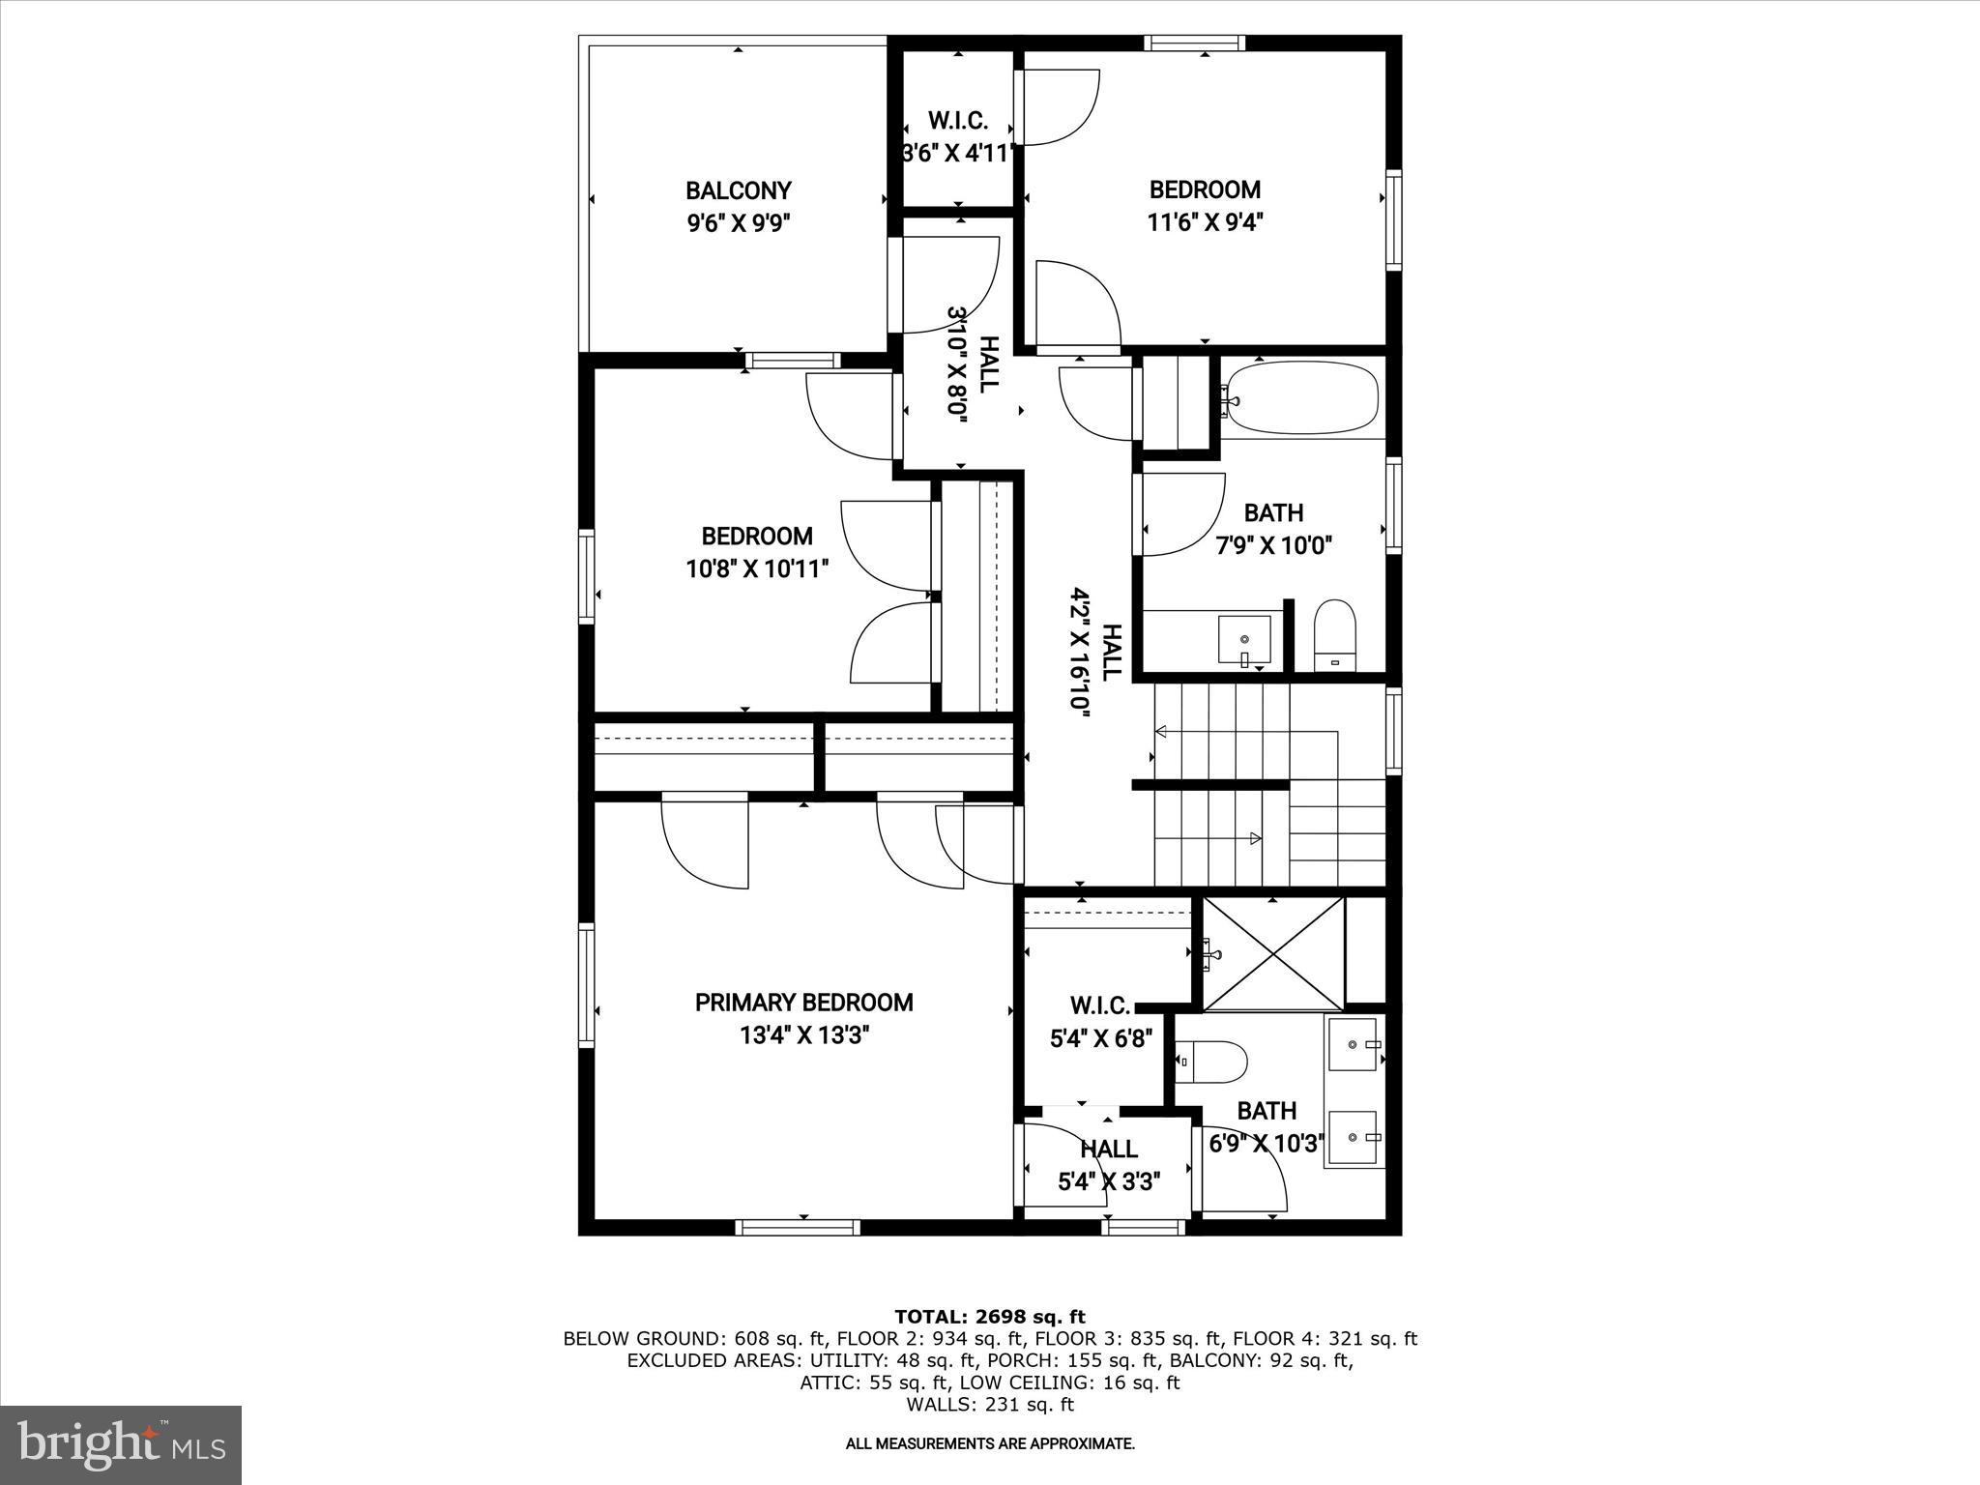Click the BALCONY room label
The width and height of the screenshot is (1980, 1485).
tap(739, 190)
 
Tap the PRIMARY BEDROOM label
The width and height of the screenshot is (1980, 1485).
tap(803, 1003)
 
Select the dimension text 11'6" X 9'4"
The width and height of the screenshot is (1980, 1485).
tap(1205, 222)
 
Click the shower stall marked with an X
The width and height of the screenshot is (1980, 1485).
tap(1273, 952)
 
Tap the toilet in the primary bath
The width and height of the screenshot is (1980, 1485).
tap(1213, 1062)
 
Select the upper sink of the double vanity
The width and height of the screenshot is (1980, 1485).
tap(1355, 1044)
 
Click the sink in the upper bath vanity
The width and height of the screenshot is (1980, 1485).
tap(1243, 640)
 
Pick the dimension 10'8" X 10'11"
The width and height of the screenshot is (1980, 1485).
tap(758, 568)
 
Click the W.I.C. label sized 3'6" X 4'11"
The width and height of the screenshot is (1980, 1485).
tap(957, 121)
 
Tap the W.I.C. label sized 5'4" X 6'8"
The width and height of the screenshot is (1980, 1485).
tap(1099, 1006)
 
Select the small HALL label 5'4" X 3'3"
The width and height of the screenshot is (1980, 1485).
tap(1109, 1149)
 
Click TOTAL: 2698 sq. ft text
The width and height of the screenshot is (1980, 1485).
tap(990, 1317)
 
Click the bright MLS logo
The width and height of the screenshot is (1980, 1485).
tap(121, 1444)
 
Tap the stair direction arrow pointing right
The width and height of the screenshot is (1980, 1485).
tap(1256, 838)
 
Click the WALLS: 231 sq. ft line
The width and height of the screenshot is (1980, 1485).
tap(990, 1405)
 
